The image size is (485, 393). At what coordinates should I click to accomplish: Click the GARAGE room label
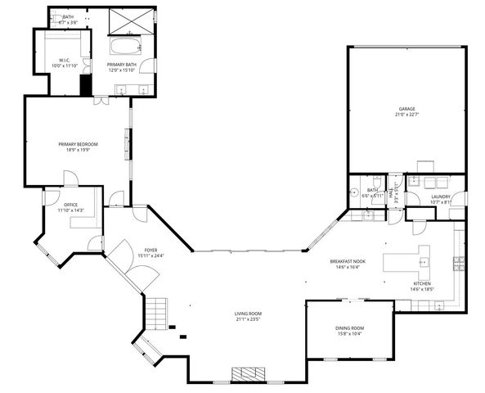click(x=406, y=108)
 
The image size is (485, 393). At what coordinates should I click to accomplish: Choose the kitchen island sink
click(x=424, y=261)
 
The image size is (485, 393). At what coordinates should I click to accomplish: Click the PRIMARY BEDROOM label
click(x=78, y=144)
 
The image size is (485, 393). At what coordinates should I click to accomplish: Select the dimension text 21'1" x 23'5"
click(x=248, y=320)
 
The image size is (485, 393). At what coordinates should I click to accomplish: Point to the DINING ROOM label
click(x=349, y=327)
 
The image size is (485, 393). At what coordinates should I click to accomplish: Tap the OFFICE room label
click(x=71, y=205)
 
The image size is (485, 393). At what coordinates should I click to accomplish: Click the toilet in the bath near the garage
click(x=375, y=182)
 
